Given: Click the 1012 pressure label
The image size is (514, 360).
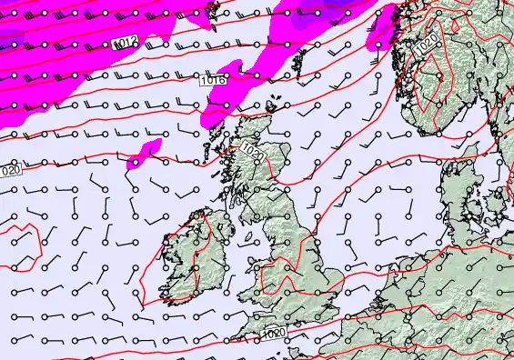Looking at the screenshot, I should [x=126, y=44].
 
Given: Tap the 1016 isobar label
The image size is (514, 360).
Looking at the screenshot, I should [x=213, y=81].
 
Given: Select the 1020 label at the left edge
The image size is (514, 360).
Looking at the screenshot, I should [x=10, y=170].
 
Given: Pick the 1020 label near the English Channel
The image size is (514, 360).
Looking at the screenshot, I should [x=271, y=335].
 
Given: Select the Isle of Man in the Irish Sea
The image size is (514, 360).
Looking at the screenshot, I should [x=244, y=235].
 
